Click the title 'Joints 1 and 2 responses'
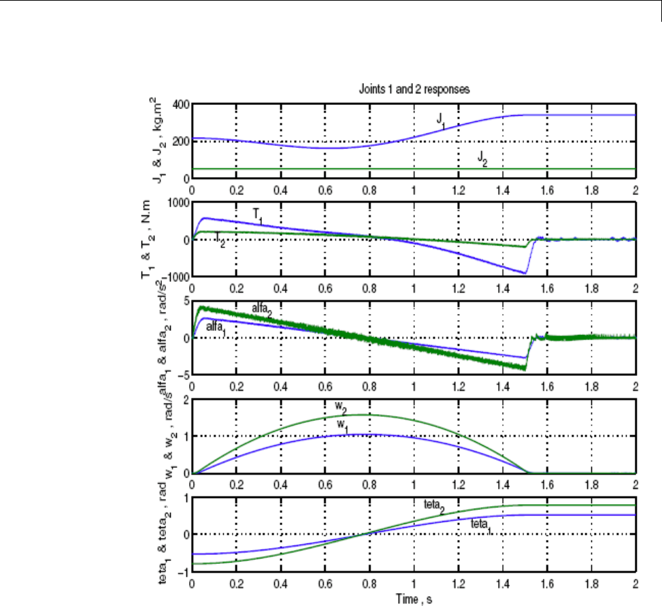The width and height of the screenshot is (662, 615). tap(414, 89)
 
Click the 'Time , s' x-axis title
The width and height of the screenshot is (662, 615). tap(414, 599)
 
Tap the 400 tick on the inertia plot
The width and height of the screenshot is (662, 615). tap(181, 105)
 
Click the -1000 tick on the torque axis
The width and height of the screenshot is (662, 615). tap(176, 277)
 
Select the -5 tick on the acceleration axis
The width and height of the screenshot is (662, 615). tap(184, 375)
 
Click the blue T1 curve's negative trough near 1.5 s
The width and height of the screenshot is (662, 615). tap(525, 272)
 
